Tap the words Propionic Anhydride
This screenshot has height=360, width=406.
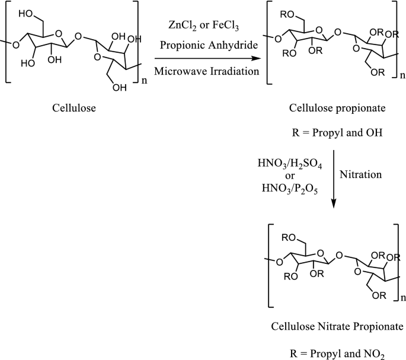[200, 44]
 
